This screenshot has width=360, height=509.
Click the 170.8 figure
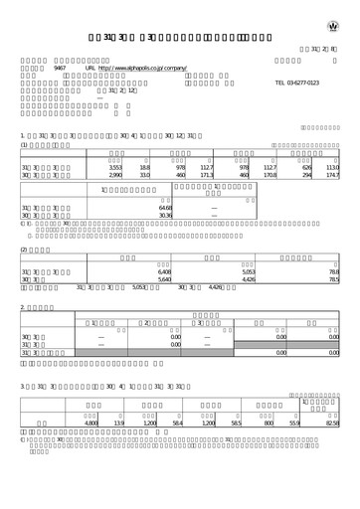(x=270, y=176)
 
